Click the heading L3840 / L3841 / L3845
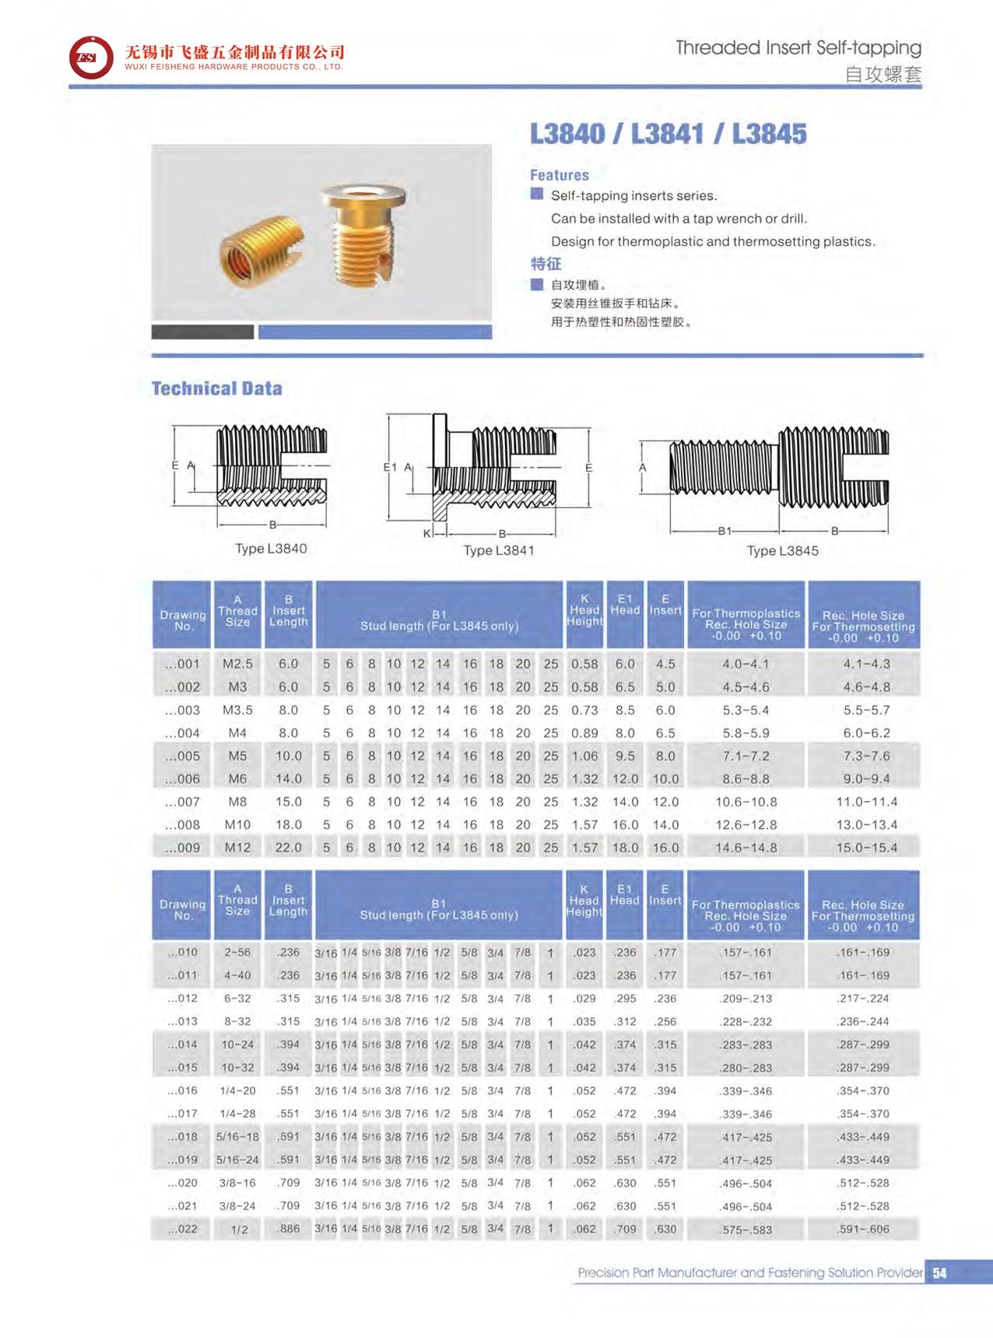[668, 134]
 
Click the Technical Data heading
[216, 388]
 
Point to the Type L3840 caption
[271, 549]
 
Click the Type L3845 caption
[782, 551]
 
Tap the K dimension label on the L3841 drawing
[426, 534]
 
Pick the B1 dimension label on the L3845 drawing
[725, 532]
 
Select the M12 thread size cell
[237, 848]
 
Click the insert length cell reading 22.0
[288, 848]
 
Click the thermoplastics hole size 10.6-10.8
[746, 802]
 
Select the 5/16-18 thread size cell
[237, 1136]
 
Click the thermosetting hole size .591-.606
[862, 1229]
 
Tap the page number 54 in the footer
[940, 1273]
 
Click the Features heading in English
[559, 175]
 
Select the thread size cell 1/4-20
[237, 1090]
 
